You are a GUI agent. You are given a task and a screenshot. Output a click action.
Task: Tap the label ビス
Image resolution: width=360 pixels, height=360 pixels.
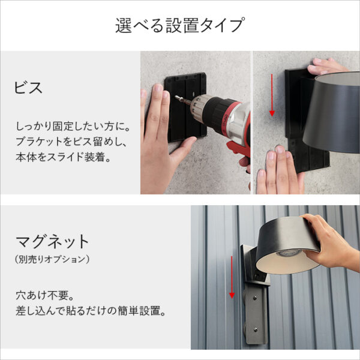pyautogui.click(x=28, y=88)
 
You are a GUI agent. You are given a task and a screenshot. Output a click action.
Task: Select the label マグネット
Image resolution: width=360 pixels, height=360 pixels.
pyautogui.click(x=52, y=241)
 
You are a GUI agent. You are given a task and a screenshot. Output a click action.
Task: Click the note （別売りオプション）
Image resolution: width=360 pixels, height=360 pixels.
pyautogui.click(x=52, y=259)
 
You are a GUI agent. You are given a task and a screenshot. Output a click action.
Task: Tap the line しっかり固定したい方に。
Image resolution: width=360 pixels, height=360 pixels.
pyautogui.click(x=73, y=126)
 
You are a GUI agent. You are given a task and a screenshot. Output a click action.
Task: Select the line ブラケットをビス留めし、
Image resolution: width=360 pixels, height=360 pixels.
pyautogui.click(x=71, y=142)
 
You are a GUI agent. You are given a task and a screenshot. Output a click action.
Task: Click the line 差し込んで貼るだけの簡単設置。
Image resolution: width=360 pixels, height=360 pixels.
pyautogui.click(x=91, y=311)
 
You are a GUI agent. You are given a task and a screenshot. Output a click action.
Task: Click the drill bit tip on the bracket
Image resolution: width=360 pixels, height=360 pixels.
pyautogui.click(x=176, y=97)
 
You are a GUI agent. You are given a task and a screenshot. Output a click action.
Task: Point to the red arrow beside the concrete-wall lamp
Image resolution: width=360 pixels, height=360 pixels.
pyautogui.click(x=272, y=95)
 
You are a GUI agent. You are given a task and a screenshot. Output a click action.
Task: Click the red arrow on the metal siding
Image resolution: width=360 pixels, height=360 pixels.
pyautogui.click(x=232, y=277)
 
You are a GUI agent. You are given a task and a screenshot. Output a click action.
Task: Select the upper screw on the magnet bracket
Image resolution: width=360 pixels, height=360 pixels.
pyautogui.click(x=254, y=298)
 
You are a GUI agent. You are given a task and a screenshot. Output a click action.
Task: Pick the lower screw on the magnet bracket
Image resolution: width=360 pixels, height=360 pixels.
pyautogui.click(x=256, y=329)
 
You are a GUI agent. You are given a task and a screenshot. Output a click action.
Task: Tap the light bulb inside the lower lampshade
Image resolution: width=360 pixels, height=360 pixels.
pyautogui.click(x=284, y=253)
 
